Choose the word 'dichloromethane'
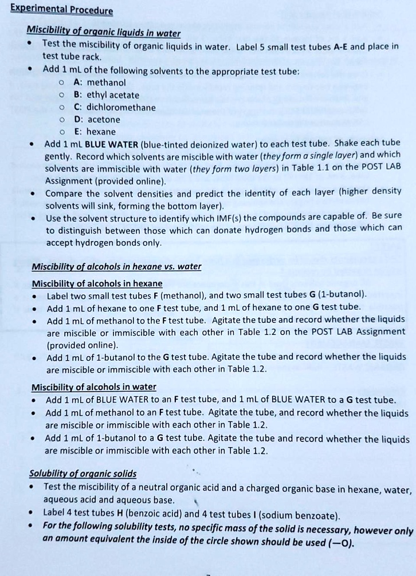[x=121, y=107]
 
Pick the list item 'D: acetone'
[x=97, y=119]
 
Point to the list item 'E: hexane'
[x=95, y=132]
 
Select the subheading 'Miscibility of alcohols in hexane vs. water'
[x=116, y=267]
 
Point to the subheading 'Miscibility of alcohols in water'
[x=93, y=386]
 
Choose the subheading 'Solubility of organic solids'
[x=83, y=474]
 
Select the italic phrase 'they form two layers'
[x=234, y=168]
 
